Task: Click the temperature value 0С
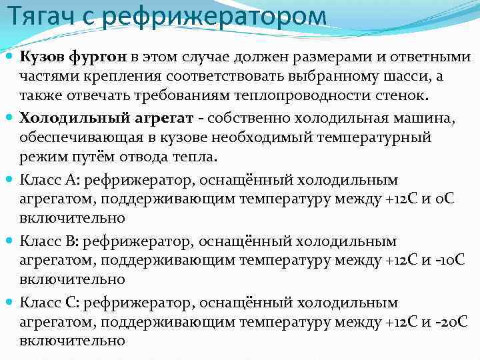click(443, 199)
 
